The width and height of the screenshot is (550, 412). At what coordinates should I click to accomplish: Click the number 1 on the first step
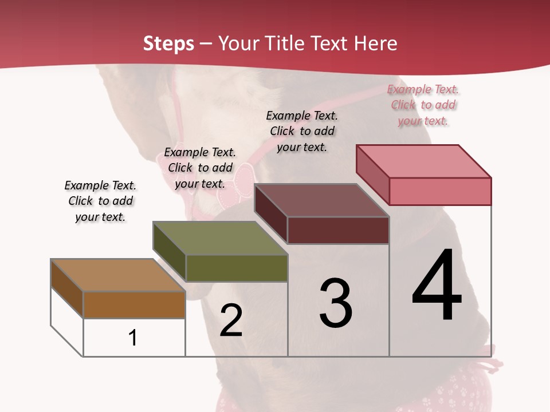132,338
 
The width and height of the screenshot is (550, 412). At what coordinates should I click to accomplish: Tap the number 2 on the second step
231,320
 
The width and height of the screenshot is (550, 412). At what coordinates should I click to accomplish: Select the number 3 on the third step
336,303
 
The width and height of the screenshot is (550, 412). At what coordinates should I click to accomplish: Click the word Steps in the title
168,43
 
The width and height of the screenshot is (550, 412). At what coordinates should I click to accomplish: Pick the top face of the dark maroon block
322,200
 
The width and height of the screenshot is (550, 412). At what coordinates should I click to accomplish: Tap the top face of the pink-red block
424,161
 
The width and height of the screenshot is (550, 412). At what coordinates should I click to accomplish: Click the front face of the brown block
134,304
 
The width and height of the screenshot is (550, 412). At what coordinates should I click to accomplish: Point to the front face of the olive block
236,268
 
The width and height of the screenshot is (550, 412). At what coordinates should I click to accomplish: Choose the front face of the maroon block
338,230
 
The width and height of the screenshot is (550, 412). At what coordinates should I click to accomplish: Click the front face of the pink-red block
440,191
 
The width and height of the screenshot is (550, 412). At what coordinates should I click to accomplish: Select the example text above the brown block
100,201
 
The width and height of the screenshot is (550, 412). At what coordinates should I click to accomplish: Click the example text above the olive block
200,168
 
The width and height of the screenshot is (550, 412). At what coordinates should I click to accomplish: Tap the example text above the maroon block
302,131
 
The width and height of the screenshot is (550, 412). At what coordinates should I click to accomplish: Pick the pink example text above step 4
423,105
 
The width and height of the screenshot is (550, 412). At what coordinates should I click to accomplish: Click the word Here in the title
376,43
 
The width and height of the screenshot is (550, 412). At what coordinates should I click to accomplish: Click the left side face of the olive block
170,252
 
